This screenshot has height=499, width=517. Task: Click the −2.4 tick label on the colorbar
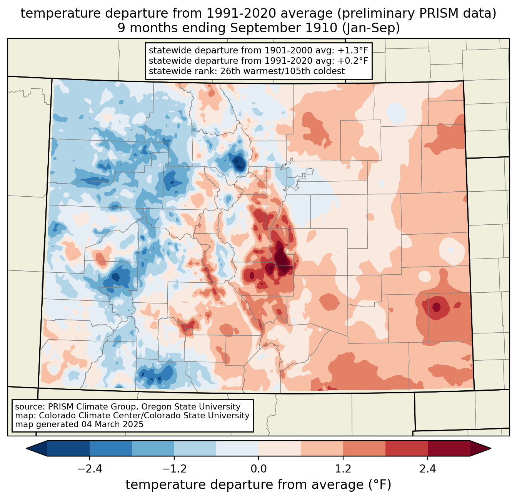89,469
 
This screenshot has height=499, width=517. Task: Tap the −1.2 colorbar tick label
174,469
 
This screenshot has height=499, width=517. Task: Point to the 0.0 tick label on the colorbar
258,469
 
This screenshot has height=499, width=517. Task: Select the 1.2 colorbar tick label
343,469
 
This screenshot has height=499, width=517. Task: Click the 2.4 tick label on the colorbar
427,469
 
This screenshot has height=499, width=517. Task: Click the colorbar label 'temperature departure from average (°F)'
258,485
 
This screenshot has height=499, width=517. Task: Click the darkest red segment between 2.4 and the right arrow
449,448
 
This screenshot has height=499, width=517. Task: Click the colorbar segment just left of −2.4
68,448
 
